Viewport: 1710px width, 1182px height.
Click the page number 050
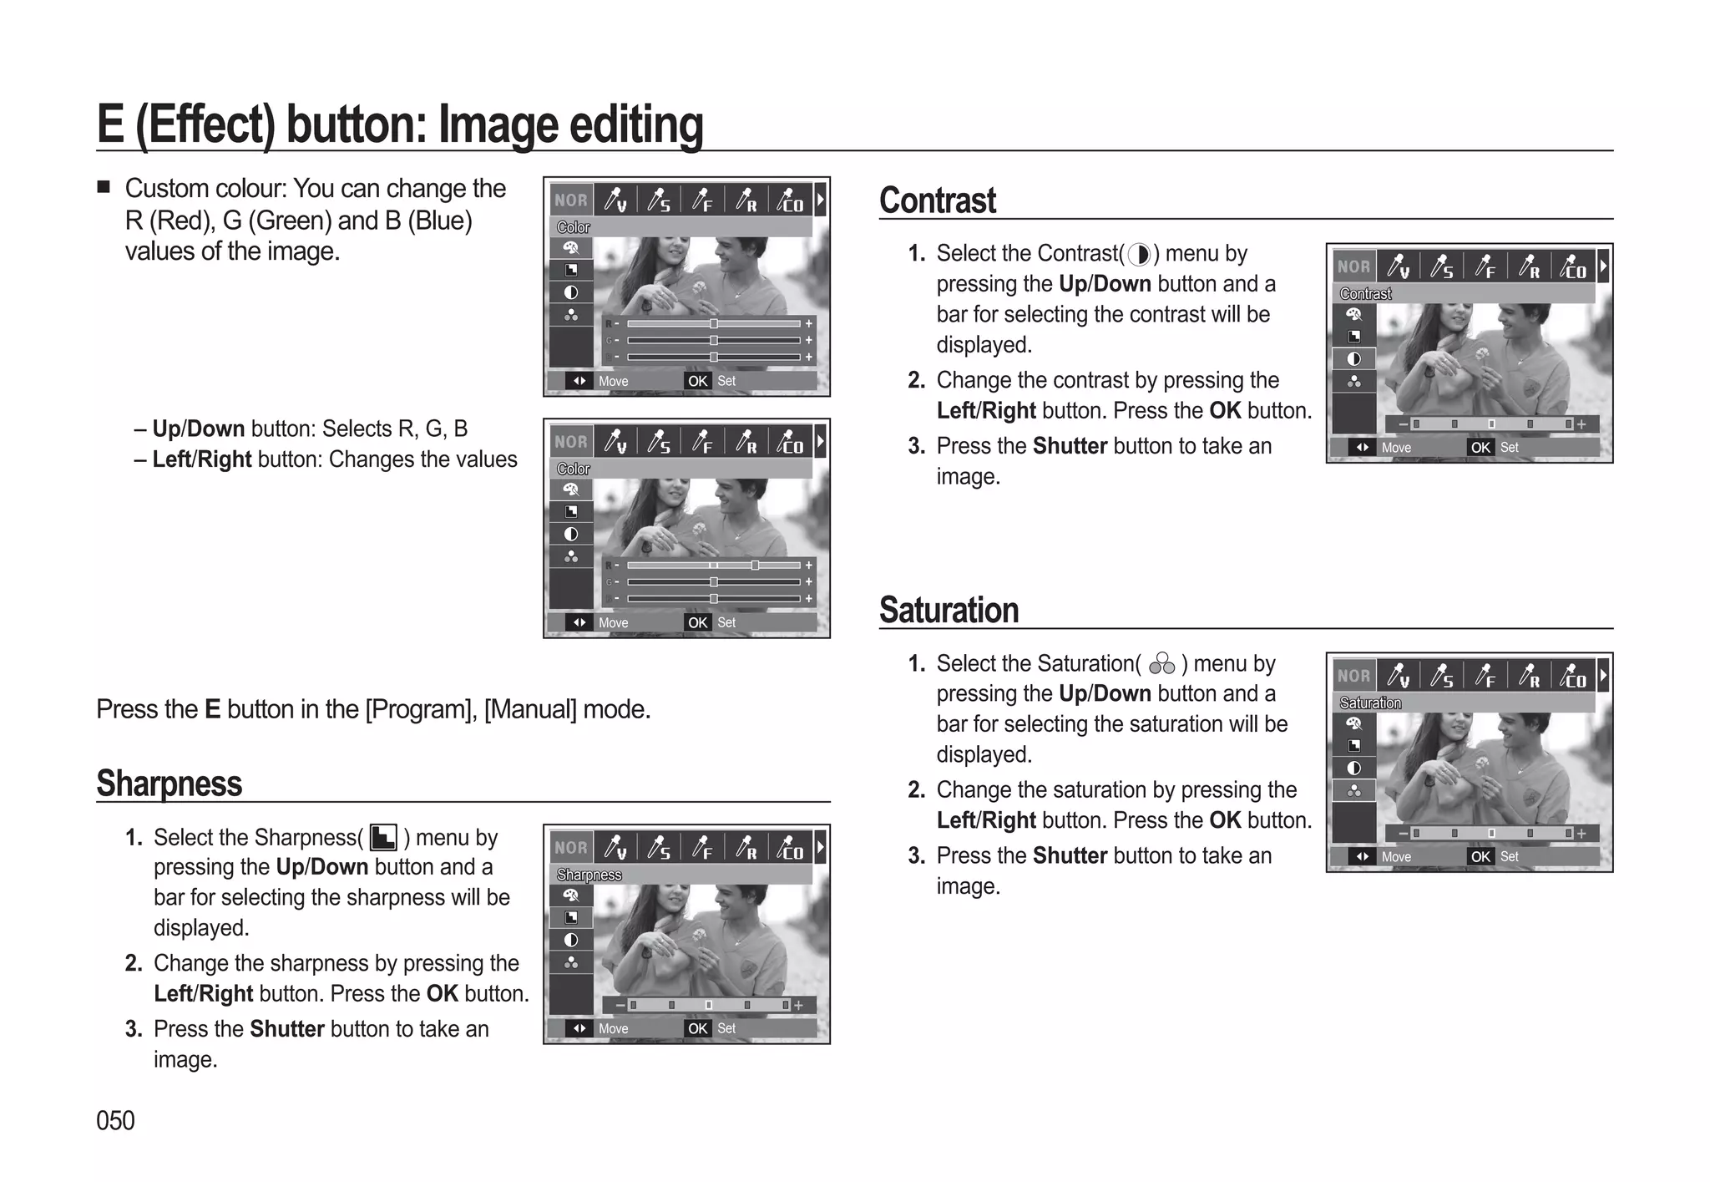pos(115,1120)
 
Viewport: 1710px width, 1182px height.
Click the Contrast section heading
pos(937,200)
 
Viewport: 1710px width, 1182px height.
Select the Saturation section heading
pos(949,610)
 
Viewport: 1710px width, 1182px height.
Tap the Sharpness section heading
pos(169,784)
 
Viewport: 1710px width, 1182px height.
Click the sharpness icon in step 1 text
pos(383,837)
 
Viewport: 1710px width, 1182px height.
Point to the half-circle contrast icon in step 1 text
pos(1139,254)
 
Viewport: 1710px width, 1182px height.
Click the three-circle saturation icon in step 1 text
pos(1161,664)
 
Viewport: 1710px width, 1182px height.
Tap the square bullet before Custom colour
pos(104,186)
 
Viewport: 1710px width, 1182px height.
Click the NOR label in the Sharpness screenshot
pos(571,847)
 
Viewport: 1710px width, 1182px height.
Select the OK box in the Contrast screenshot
pos(1480,448)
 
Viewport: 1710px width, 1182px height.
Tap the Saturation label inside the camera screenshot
pos(1370,703)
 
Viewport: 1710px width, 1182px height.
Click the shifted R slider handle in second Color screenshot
pos(755,566)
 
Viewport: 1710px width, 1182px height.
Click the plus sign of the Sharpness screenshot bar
pos(799,1005)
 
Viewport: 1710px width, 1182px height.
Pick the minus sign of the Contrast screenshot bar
pos(1404,424)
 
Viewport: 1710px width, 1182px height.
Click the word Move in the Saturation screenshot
pos(1396,857)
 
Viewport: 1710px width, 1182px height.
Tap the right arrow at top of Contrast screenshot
pos(1602,266)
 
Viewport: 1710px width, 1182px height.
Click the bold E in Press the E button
pos(213,709)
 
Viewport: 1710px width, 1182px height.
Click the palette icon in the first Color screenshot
pos(571,248)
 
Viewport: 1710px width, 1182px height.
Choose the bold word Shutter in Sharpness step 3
pos(286,1029)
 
